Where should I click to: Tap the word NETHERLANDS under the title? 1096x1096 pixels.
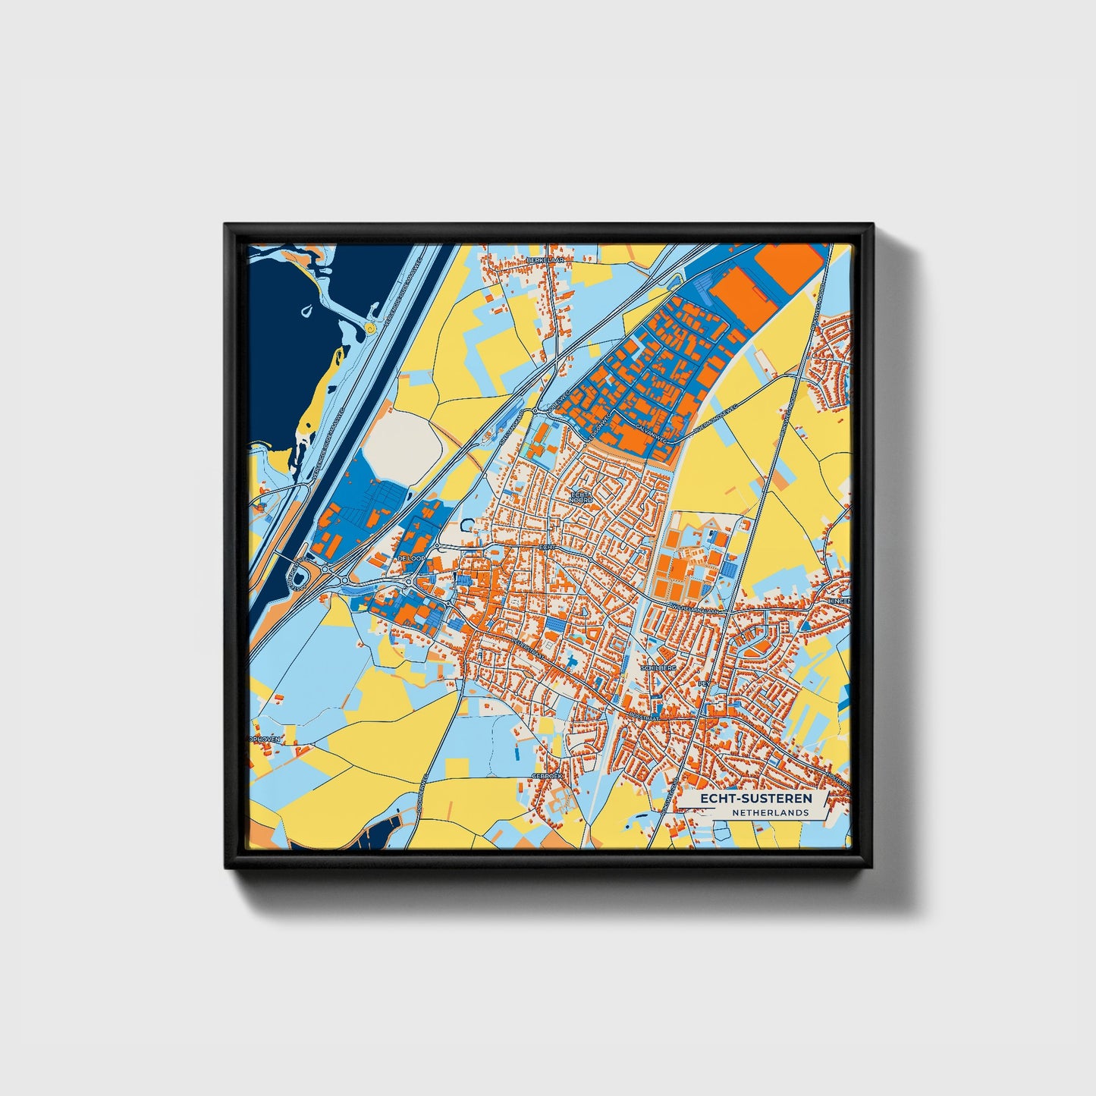[770, 813]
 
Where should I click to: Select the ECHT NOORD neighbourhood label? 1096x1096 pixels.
[581, 497]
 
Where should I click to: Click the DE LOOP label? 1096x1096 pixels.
[410, 558]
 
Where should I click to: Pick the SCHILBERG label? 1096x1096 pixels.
[657, 668]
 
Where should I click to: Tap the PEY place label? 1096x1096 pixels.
[702, 683]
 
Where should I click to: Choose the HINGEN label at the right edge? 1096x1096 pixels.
[841, 600]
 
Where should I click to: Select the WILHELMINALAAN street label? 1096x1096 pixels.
[695, 608]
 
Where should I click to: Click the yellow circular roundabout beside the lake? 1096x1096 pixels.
[369, 328]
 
